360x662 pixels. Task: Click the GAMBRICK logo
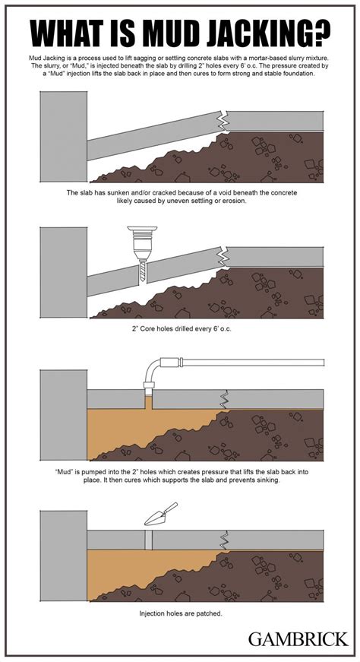(x=298, y=638)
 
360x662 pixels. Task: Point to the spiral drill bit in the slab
(x=142, y=271)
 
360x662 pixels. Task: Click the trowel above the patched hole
(x=160, y=515)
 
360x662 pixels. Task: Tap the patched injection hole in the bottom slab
(x=149, y=540)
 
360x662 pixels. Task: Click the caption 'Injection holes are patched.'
(x=181, y=613)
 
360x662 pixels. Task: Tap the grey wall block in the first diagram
(x=64, y=137)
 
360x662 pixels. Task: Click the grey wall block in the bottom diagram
(x=64, y=556)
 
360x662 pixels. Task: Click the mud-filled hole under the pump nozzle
(x=149, y=401)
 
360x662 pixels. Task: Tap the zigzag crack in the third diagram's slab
(x=224, y=399)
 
